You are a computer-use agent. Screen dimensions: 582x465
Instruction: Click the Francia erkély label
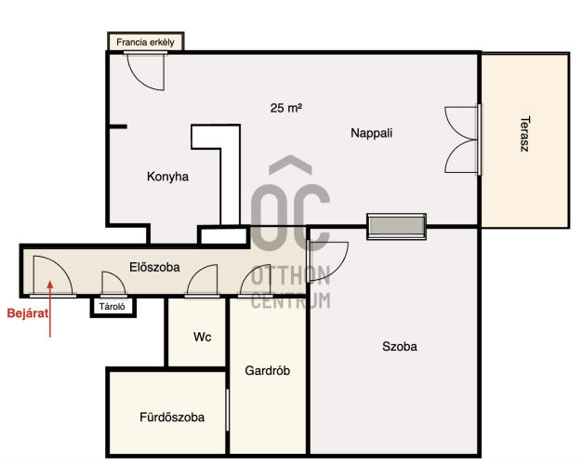point(145,43)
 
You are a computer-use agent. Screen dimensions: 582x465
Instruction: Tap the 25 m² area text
point(285,108)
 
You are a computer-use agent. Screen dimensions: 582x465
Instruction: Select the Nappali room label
point(372,133)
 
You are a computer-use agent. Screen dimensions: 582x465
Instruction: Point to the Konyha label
point(167,177)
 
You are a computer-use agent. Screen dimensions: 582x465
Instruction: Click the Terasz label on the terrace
point(525,134)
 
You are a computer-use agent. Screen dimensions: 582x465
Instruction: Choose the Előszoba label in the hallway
point(154,267)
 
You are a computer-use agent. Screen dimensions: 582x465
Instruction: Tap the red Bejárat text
point(28,313)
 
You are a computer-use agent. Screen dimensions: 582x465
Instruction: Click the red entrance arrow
point(50,309)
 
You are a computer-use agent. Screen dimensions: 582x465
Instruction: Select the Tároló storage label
point(112,307)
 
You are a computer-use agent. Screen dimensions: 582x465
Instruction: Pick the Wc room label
point(203,337)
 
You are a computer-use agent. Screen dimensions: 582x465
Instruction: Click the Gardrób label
point(267,370)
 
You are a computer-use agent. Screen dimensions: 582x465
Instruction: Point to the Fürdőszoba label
point(172,417)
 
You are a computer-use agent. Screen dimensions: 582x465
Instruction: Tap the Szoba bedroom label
point(400,347)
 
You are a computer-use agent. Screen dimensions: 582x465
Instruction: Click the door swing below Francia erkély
point(146,72)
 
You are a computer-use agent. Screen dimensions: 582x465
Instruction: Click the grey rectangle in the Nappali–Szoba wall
point(396,226)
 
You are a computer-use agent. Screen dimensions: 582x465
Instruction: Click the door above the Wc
point(203,281)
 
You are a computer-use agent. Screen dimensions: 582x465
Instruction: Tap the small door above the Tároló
point(114,285)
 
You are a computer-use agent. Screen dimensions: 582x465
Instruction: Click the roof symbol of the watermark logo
point(290,165)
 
